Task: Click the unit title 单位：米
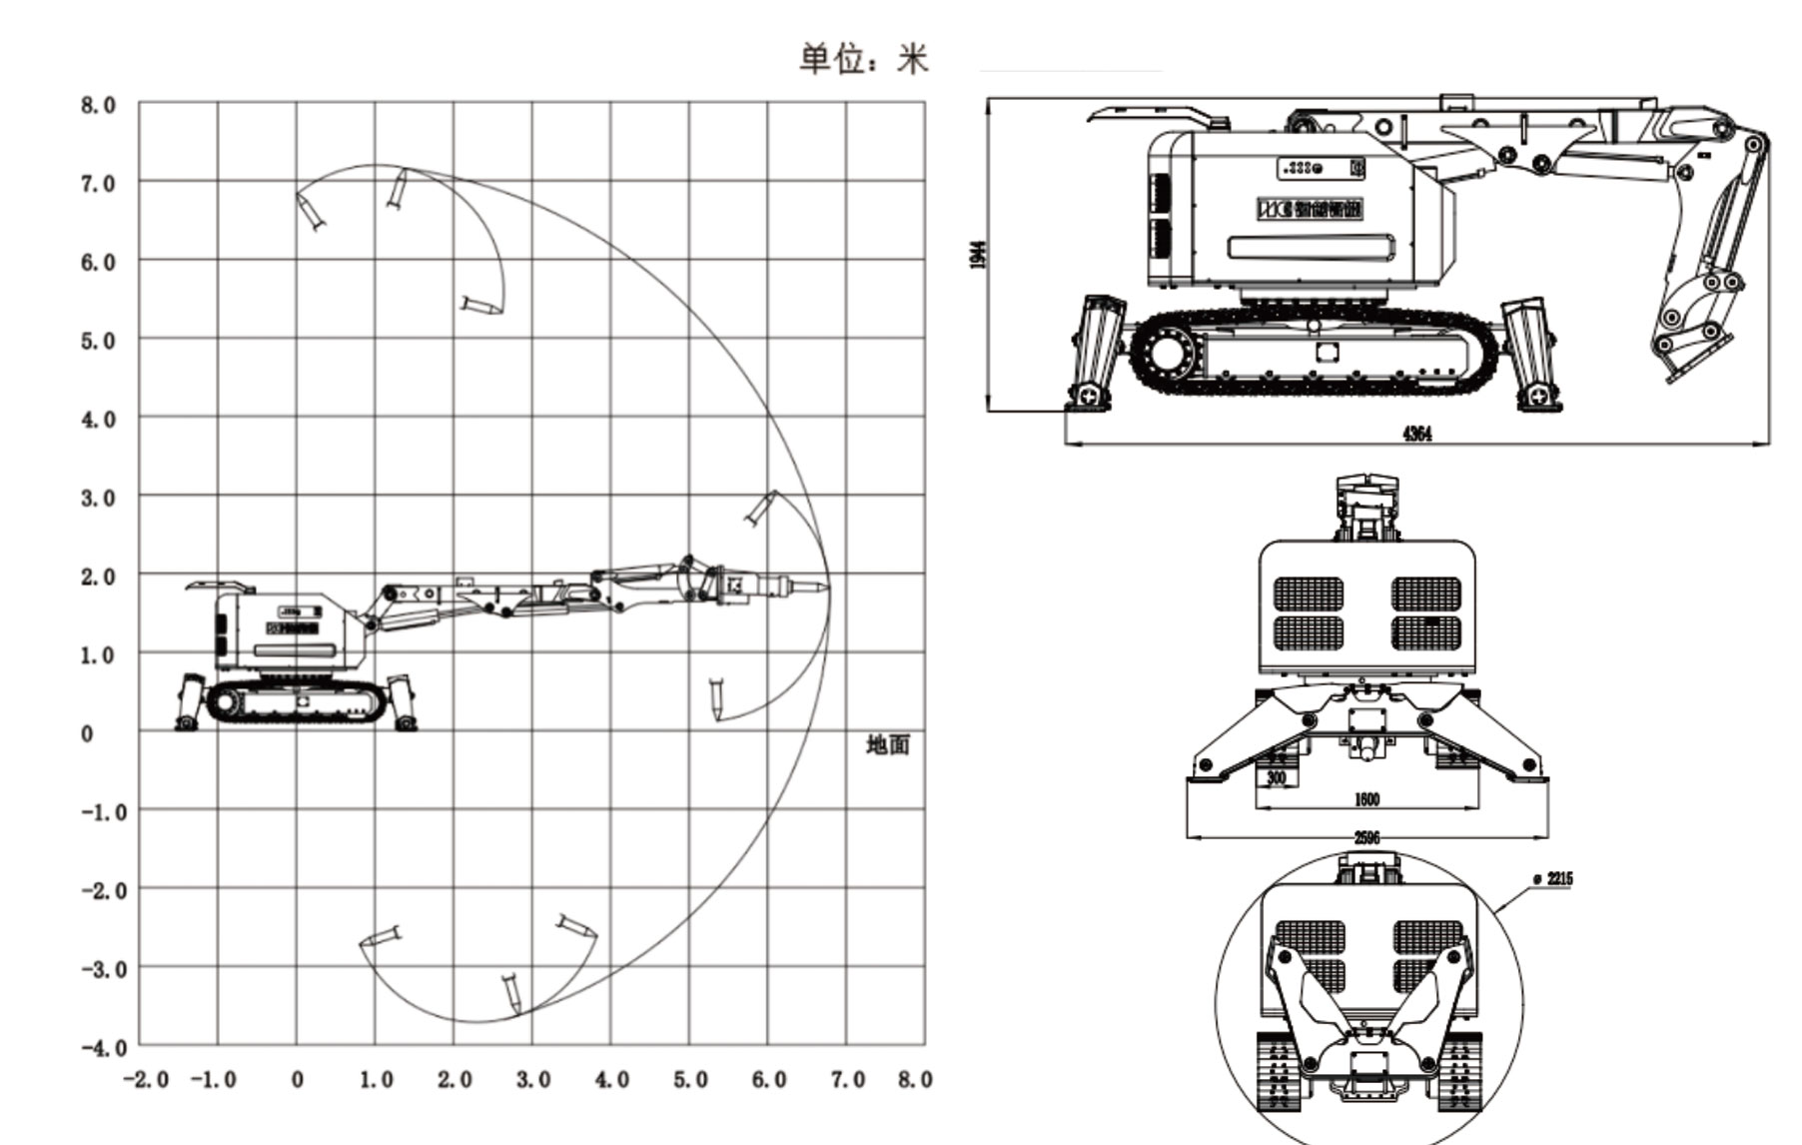863,59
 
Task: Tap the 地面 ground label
887,744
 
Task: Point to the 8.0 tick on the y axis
98,105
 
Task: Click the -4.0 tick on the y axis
104,1047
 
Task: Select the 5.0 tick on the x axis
689,1080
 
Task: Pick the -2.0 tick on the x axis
145,1080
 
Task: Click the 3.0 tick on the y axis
98,498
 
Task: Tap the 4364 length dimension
1416,434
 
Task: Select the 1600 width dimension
1366,799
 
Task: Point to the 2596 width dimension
1366,837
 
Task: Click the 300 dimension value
1276,778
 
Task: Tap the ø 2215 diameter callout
1552,878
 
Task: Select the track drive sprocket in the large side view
1166,354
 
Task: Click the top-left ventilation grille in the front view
1309,592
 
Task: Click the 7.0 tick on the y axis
98,184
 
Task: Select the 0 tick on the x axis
297,1080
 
